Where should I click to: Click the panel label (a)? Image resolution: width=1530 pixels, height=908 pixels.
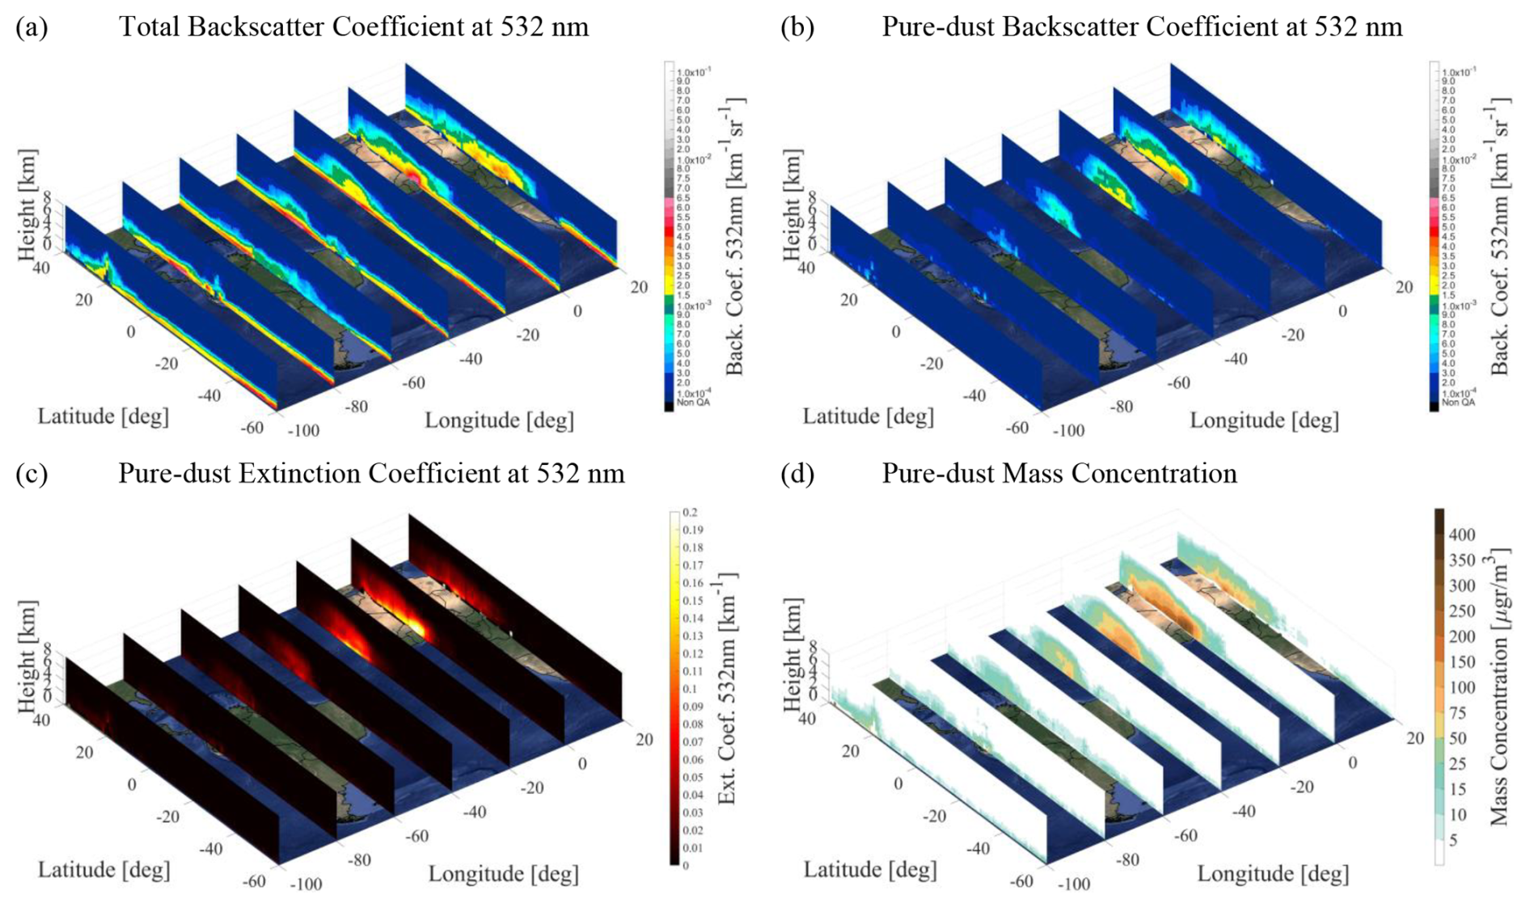[32, 27]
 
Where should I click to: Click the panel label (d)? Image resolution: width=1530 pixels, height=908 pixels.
[797, 473]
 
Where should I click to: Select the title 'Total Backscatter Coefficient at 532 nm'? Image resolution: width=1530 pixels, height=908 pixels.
[353, 27]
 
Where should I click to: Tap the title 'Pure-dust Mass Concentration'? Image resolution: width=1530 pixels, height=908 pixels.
[1059, 473]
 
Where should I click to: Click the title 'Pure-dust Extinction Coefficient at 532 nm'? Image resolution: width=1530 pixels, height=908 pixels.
[371, 473]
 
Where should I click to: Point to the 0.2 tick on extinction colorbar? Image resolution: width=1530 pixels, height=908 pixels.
[690, 513]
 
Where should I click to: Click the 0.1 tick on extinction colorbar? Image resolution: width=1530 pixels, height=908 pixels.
[690, 689]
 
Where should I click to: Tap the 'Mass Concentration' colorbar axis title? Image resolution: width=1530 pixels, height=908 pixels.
[1498, 686]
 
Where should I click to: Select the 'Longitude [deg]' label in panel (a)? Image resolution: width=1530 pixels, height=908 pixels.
[499, 420]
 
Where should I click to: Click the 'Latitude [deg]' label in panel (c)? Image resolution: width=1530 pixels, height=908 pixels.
[104, 870]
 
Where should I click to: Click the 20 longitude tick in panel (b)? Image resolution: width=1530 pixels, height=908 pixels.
[1404, 287]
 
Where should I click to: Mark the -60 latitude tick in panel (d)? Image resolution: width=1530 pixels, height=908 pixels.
[1021, 881]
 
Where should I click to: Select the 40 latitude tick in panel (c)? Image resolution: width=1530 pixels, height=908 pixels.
[40, 719]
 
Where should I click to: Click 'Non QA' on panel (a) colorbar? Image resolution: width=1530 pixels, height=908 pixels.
[693, 403]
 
